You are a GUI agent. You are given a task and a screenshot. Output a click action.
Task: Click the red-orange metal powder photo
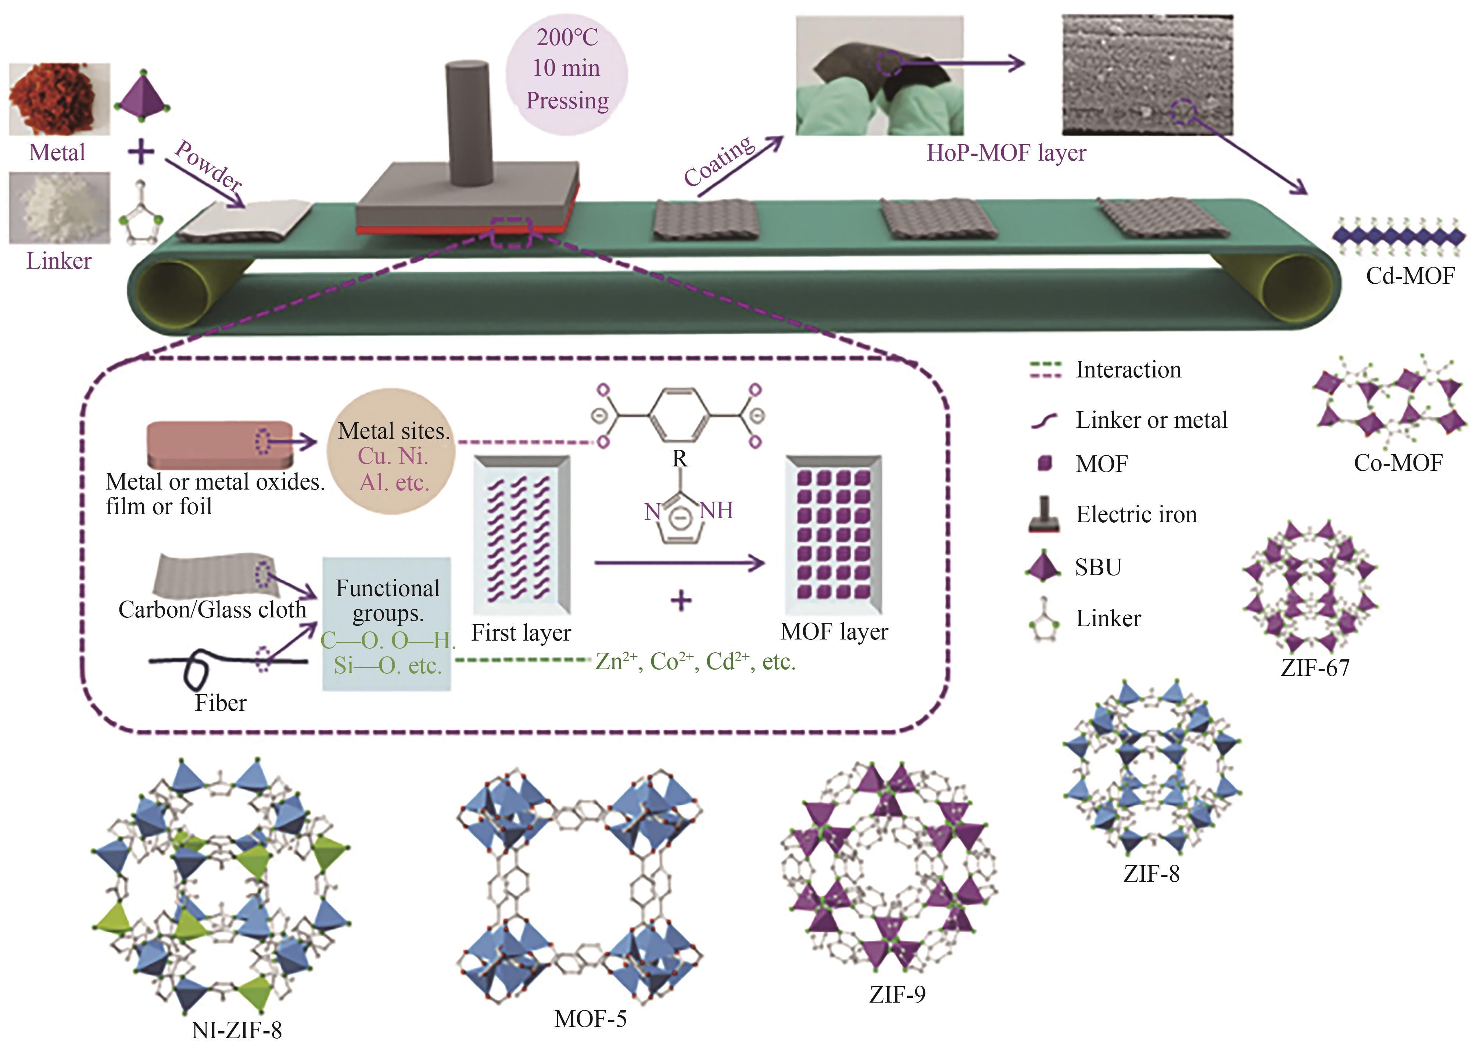tap(58, 98)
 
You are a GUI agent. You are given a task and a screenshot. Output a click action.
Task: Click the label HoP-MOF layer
tap(1006, 153)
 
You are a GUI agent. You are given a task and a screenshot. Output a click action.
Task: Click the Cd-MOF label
tap(1409, 276)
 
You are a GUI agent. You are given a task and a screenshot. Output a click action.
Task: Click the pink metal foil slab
tap(220, 444)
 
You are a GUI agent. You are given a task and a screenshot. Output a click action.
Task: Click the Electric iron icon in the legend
tap(1043, 515)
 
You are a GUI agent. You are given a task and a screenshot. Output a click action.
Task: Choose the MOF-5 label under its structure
tap(590, 1019)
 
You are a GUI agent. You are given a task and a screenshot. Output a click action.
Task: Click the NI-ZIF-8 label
tap(237, 1030)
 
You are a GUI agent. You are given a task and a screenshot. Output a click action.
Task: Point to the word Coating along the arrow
tap(719, 162)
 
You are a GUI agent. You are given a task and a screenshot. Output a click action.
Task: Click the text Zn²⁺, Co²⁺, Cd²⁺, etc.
tap(695, 662)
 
